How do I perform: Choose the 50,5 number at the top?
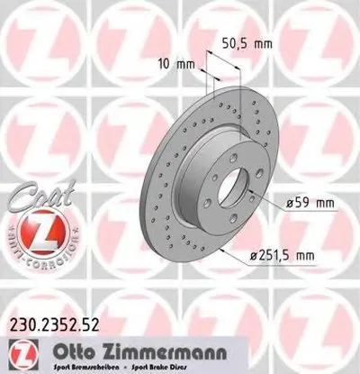pos(235,41)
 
